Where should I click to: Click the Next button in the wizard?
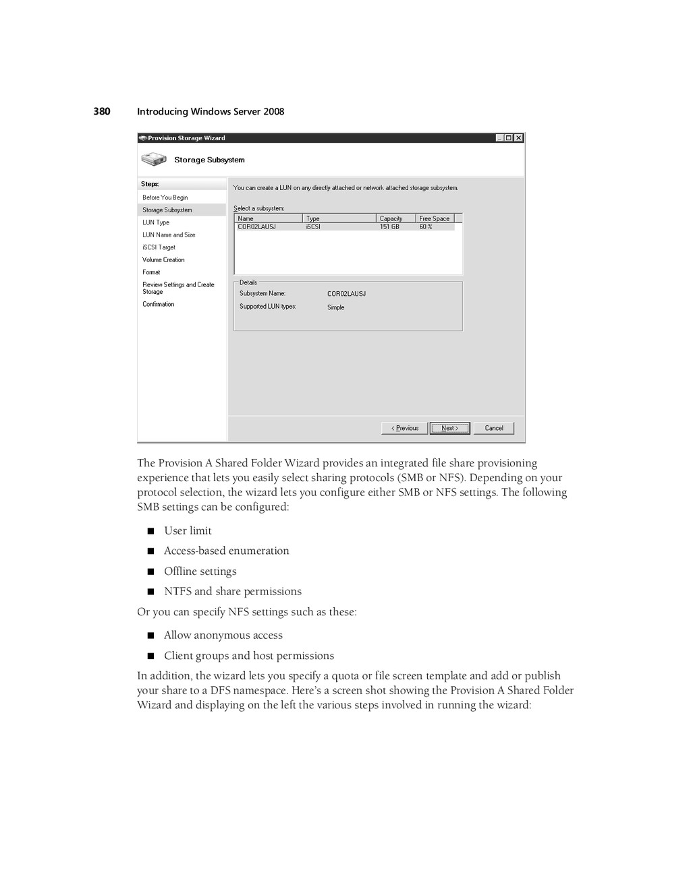[449, 428]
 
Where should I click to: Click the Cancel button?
[493, 428]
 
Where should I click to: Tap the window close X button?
[518, 138]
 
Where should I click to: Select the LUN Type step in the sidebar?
[156, 222]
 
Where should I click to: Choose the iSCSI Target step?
[159, 247]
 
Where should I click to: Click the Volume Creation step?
[163, 259]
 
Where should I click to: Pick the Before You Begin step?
[165, 197]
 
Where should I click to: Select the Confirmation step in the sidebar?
[158, 304]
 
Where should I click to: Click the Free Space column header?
[435, 218]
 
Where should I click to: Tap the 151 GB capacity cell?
[389, 227]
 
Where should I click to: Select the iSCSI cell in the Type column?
[313, 227]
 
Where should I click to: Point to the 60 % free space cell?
[426, 227]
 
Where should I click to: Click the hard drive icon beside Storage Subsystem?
[154, 160]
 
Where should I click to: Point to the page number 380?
[102, 111]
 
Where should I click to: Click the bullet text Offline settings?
[200, 571]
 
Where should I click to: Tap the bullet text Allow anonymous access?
[223, 635]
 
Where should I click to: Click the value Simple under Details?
[335, 307]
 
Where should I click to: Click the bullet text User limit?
[188, 530]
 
